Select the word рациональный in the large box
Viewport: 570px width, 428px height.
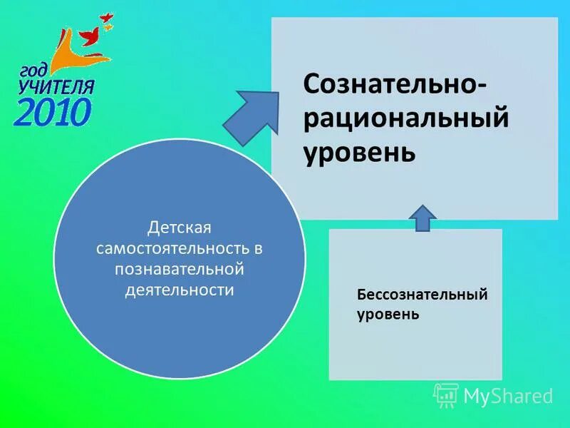(x=406, y=118)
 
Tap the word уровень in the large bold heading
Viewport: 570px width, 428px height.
(x=360, y=151)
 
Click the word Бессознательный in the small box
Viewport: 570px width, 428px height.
(x=422, y=295)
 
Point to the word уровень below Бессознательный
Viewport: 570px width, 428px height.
(x=388, y=314)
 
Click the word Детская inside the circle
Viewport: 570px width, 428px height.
(x=180, y=228)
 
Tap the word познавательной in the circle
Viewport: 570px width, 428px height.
(x=180, y=270)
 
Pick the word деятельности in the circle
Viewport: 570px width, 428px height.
(x=180, y=290)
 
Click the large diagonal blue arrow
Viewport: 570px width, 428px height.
(x=251, y=114)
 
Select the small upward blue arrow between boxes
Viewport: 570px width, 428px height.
(x=423, y=218)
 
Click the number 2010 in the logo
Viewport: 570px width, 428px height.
(x=53, y=112)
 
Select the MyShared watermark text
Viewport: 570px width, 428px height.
(x=508, y=395)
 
